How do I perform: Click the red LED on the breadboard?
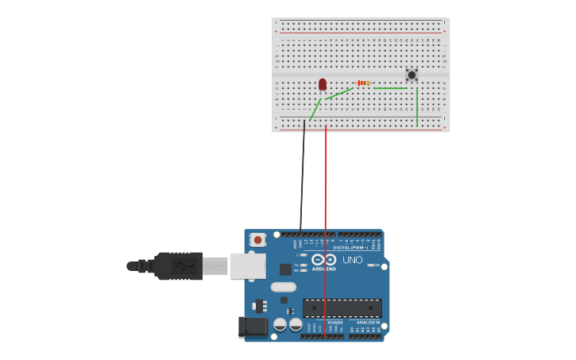click(x=323, y=83)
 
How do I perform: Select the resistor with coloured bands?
click(x=364, y=83)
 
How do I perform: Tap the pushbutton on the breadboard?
click(x=412, y=75)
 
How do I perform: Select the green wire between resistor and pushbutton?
click(x=390, y=87)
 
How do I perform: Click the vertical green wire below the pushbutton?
click(x=417, y=107)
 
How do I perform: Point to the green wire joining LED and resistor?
click(x=339, y=94)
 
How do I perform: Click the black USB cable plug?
click(x=179, y=265)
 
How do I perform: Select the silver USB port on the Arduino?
click(x=248, y=265)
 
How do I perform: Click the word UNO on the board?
click(x=352, y=260)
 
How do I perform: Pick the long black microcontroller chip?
click(x=342, y=308)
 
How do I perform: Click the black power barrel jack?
click(x=253, y=326)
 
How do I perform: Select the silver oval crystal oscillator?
click(x=283, y=287)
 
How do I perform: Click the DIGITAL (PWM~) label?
click(x=351, y=247)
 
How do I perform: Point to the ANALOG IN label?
click(x=367, y=322)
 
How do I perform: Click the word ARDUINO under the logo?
click(x=323, y=269)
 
